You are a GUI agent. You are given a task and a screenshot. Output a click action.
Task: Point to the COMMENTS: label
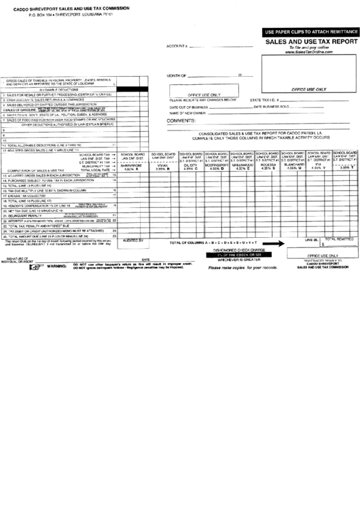[x=181, y=120]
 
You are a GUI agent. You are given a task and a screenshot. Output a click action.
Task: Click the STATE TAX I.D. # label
[x=266, y=100]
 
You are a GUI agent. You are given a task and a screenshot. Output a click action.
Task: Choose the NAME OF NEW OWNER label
[x=187, y=113]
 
